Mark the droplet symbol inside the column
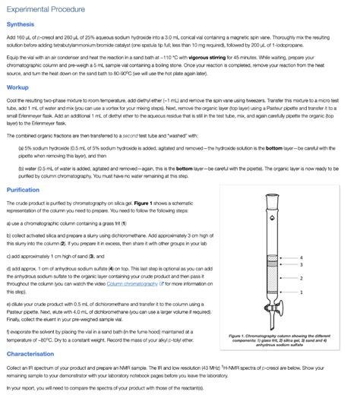pos(272,218)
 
